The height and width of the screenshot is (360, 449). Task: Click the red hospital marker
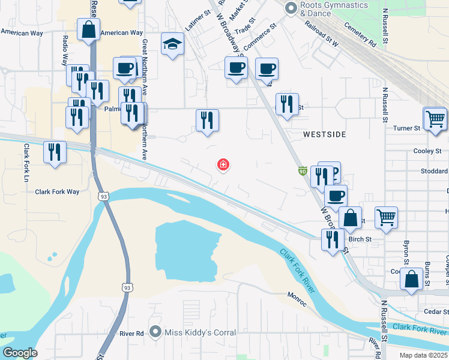tap(223, 164)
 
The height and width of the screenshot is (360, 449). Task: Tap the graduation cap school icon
tap(172, 44)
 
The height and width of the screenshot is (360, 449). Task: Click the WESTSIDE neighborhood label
tap(324, 134)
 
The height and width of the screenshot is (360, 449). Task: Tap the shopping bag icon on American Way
tap(88, 29)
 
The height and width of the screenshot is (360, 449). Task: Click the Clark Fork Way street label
tap(57, 192)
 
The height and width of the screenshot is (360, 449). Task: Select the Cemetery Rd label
tap(360, 36)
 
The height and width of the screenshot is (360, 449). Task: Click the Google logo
tap(20, 353)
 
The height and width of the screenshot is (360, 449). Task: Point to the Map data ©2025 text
tap(423, 355)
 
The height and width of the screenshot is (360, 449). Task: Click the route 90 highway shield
tap(303, 172)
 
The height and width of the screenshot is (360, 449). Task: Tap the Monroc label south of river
tap(297, 299)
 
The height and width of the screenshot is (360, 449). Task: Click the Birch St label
tap(360, 239)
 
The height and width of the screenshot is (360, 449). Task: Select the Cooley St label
tap(427, 151)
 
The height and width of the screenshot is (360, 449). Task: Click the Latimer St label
tap(197, 22)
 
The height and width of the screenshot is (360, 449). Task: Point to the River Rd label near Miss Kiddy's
tap(131, 334)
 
